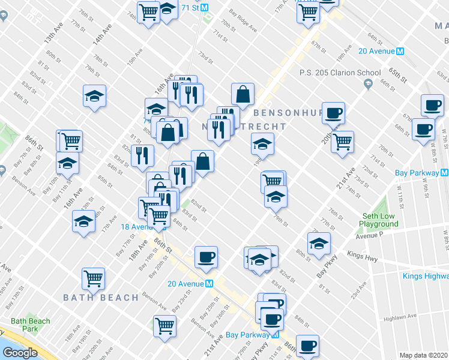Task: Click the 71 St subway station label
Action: point(187,7)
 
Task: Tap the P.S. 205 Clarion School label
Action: point(340,73)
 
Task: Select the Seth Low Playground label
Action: point(379,220)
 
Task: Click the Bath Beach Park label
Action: point(31,325)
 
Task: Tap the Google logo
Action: point(20,353)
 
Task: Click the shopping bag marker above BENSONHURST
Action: point(243,95)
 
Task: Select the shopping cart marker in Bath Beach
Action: point(94,278)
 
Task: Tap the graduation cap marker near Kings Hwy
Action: point(319,244)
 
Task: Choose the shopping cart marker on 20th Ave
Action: point(342,142)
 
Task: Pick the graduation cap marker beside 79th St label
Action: point(276,196)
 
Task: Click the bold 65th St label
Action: point(397,74)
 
